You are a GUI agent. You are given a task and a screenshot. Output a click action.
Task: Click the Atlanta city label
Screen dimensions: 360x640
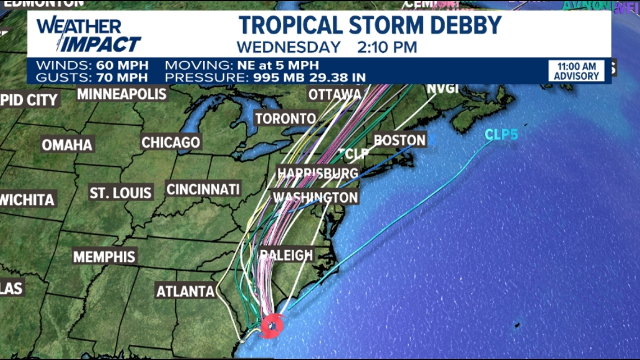tap(185, 291)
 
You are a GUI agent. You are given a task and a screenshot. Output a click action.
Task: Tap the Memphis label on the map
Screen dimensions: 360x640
tap(104, 257)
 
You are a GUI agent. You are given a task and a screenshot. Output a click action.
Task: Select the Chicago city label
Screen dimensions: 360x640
tap(171, 143)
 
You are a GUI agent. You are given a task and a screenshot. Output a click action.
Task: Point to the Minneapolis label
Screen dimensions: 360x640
tap(122, 94)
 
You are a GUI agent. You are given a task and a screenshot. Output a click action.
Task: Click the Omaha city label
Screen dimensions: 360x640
tap(67, 145)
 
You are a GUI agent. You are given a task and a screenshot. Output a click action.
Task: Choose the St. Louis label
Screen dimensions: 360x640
tap(121, 193)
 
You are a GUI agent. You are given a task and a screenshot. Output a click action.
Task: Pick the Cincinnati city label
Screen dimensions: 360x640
tap(203, 189)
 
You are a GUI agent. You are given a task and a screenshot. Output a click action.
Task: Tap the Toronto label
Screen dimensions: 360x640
tap(286, 119)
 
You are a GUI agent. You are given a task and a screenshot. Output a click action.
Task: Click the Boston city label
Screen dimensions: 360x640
tap(400, 140)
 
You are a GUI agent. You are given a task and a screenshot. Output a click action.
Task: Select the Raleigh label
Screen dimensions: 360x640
tap(286, 256)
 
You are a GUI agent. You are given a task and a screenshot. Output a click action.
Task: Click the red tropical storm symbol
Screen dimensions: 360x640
tap(272, 324)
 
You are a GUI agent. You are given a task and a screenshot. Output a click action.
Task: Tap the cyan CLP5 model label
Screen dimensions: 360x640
tap(501, 135)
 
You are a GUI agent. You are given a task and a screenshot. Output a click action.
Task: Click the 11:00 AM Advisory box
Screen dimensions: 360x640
tap(577, 71)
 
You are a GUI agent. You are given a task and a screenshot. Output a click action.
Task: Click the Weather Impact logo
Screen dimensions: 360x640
tap(88, 35)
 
